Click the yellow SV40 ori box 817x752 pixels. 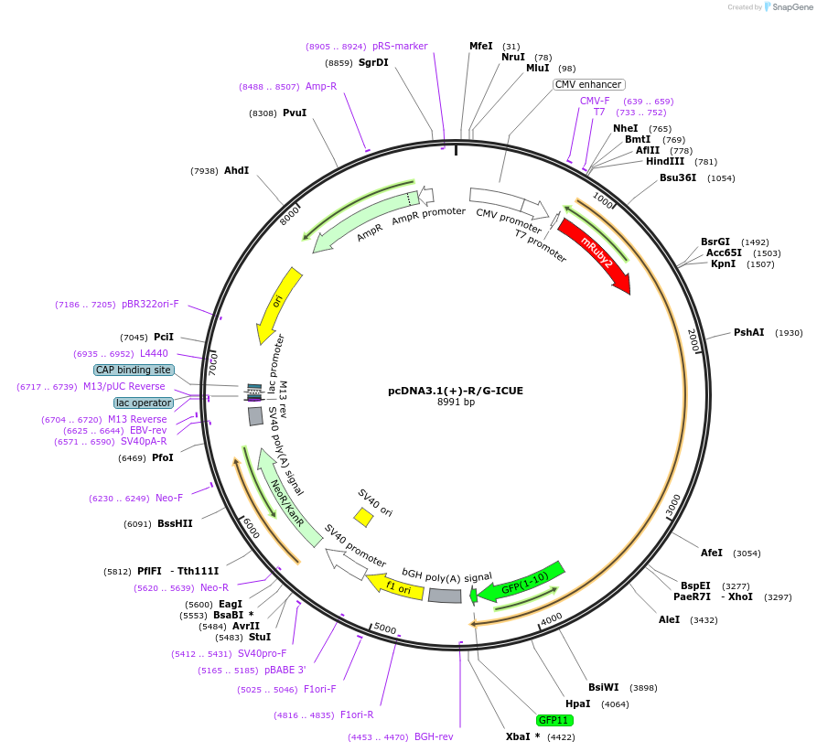pos(363,518)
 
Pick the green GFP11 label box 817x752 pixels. pos(554,721)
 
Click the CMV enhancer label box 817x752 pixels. pos(588,84)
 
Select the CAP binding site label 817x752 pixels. pos(134,370)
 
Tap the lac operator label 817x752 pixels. pos(144,403)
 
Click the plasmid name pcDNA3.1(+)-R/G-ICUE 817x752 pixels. pos(456,391)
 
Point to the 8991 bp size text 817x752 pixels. pos(456,402)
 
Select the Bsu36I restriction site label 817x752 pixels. pos(678,177)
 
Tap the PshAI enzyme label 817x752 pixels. pos(748,332)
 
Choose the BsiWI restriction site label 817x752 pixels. pos(604,687)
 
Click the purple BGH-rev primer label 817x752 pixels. pos(434,736)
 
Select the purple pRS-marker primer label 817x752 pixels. pos(400,46)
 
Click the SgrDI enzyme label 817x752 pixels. pos(373,62)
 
